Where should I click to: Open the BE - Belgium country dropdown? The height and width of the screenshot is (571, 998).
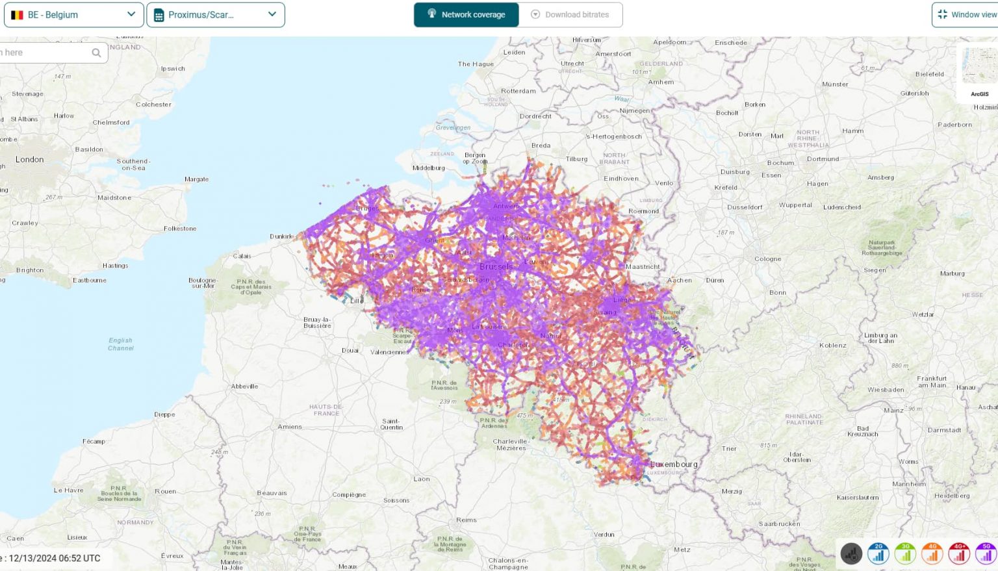(x=73, y=14)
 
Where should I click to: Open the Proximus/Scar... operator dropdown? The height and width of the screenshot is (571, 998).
(x=215, y=14)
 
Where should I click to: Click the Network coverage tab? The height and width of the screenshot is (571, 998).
(x=466, y=14)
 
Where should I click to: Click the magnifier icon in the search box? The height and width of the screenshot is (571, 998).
(x=96, y=53)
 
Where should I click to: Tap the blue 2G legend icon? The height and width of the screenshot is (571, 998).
(x=878, y=553)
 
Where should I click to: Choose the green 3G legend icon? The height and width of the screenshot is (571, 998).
(x=905, y=553)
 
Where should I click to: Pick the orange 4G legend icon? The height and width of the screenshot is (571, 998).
(x=932, y=553)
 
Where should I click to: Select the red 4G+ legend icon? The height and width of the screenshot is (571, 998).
(x=959, y=553)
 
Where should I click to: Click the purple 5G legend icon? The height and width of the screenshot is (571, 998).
(x=986, y=553)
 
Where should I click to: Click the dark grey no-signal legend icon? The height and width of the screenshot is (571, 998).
(x=851, y=553)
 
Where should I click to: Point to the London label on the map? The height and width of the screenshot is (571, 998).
(x=30, y=159)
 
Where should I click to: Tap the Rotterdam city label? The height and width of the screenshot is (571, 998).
(x=518, y=91)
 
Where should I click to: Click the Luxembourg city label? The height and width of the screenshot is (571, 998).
(x=674, y=464)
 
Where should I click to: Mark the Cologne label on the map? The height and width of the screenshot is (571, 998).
(x=768, y=259)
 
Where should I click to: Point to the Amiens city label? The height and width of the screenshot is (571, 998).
(x=290, y=427)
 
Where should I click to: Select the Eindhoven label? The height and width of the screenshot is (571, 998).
(x=621, y=179)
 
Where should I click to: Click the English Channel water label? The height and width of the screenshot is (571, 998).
(x=121, y=344)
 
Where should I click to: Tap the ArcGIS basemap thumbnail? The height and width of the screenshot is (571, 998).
(x=978, y=68)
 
